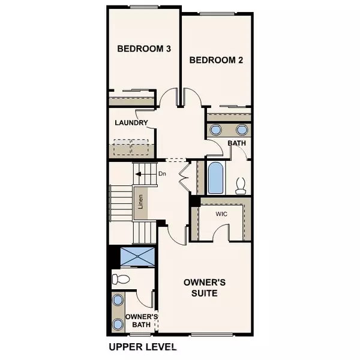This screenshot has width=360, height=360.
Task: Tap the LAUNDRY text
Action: click(x=131, y=123)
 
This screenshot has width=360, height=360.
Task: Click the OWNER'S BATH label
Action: click(x=142, y=320)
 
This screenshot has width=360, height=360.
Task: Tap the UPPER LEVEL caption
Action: click(x=143, y=347)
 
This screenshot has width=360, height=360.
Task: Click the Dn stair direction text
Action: click(x=162, y=175)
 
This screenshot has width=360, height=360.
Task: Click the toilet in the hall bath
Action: click(x=242, y=185)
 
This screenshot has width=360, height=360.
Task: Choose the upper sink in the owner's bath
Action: click(x=118, y=301)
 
